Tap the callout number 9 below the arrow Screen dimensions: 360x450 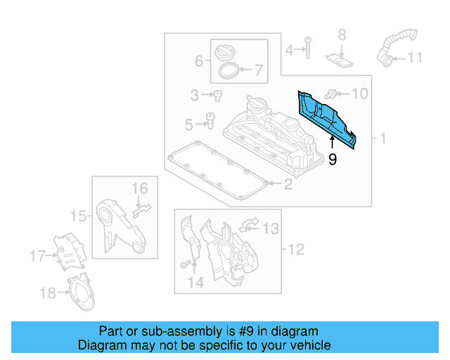pyautogui.click(x=333, y=160)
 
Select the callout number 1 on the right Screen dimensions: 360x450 pyautogui.click(x=383, y=139)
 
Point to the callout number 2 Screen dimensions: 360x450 pyautogui.click(x=288, y=185)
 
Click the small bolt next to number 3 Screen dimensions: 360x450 pyautogui.click(x=217, y=95)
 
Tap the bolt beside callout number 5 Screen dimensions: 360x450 pyautogui.click(x=210, y=122)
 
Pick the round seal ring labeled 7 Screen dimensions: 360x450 pyautogui.click(x=227, y=70)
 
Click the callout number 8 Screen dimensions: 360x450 pyautogui.click(x=342, y=34)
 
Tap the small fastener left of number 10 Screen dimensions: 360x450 pyautogui.click(x=334, y=92)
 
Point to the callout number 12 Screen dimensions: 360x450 pyautogui.click(x=296, y=249)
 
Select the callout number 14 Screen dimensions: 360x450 pyautogui.click(x=195, y=283)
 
